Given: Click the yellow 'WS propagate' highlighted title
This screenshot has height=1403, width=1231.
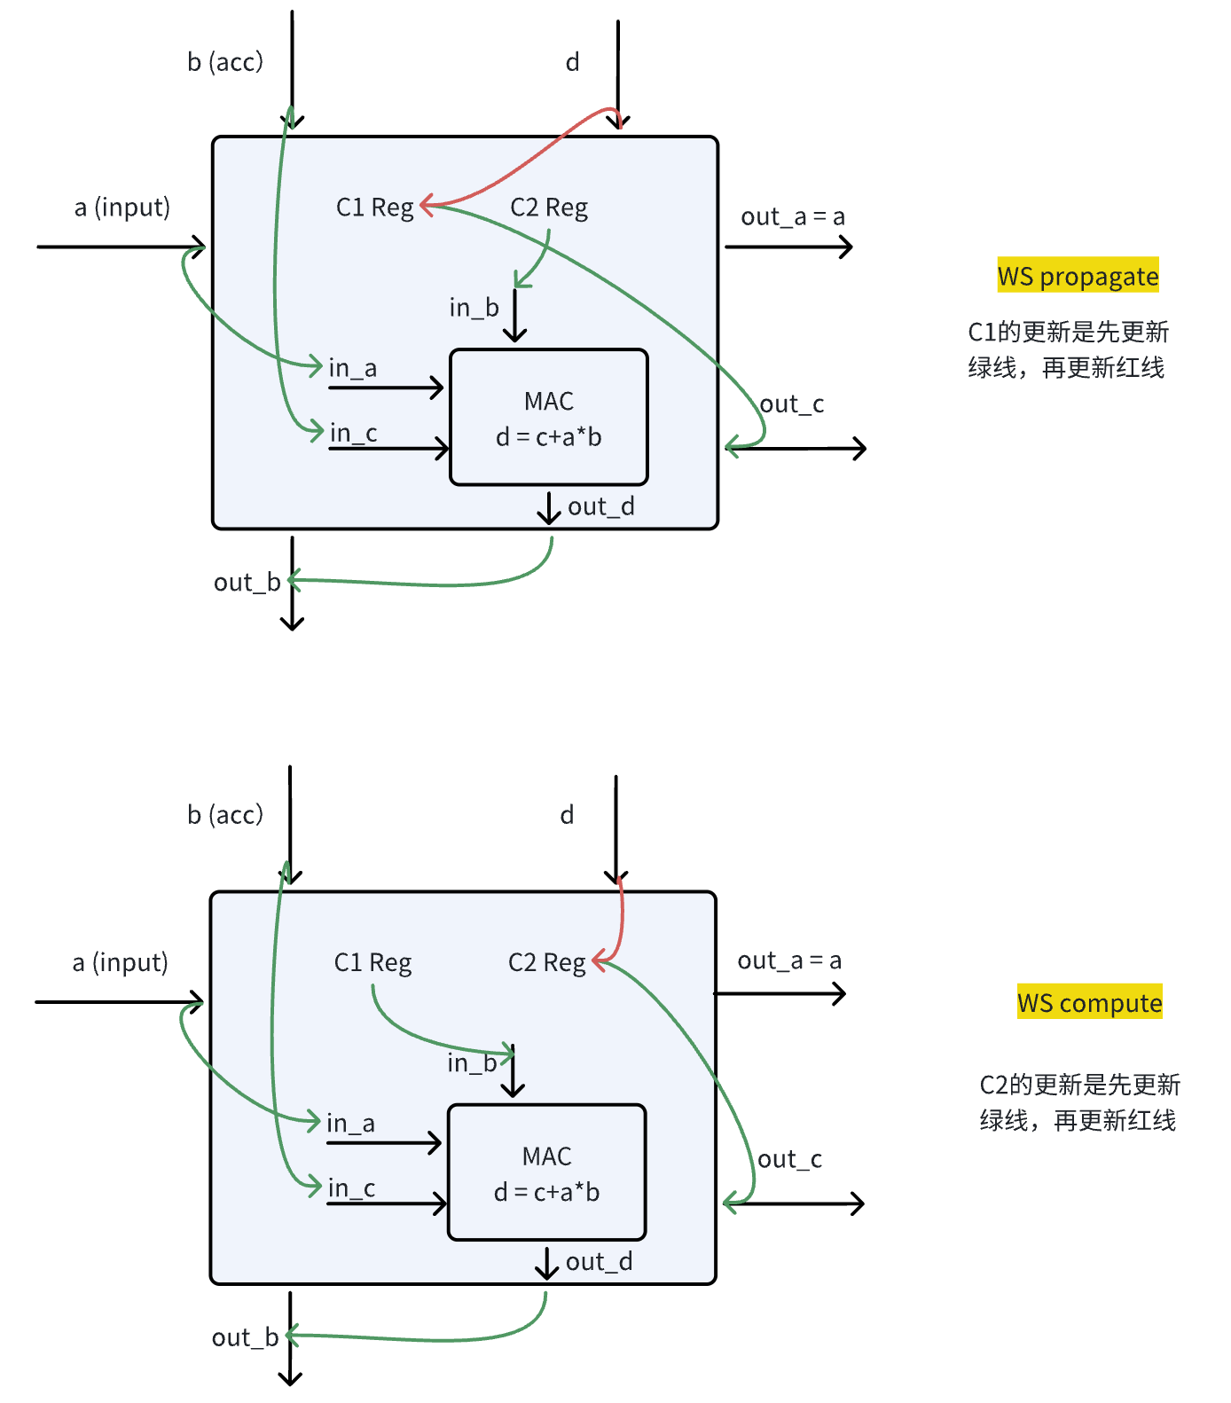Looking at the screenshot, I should point(1078,276).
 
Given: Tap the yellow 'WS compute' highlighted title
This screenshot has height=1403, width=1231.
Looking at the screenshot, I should point(1089,1002).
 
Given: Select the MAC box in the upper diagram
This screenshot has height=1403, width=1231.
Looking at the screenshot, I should point(549,418).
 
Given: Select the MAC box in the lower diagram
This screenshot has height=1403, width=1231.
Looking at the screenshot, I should point(547,1172).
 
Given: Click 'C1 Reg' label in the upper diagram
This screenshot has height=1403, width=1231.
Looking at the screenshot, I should point(374,208).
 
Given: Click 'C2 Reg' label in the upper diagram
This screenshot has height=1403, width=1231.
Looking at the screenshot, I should point(549,208).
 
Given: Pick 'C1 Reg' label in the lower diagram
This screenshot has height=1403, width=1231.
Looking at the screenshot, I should point(372,962).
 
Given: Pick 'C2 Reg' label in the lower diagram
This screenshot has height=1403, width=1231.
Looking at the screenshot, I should point(546,962).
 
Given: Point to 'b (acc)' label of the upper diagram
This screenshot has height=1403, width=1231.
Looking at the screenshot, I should point(225,62).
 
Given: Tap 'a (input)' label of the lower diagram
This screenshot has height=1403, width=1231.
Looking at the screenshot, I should point(121,962).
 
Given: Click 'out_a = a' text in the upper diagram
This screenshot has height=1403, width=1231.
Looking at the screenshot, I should point(793,216).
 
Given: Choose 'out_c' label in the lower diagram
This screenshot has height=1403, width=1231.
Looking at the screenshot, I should point(789,1159).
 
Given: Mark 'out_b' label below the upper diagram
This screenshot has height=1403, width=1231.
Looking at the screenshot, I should point(247,583).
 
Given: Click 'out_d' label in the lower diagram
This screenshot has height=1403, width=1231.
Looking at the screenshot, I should point(600,1262).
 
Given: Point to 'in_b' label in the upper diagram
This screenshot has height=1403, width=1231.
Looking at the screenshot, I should point(474,308).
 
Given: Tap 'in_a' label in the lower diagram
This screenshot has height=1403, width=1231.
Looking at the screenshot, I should point(350,1124).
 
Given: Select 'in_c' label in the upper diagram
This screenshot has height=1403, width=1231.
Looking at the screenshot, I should point(353,434).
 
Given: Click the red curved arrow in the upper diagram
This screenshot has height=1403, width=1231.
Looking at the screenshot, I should point(523,165).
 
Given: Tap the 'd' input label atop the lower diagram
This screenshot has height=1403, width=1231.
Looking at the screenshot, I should point(567,815).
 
